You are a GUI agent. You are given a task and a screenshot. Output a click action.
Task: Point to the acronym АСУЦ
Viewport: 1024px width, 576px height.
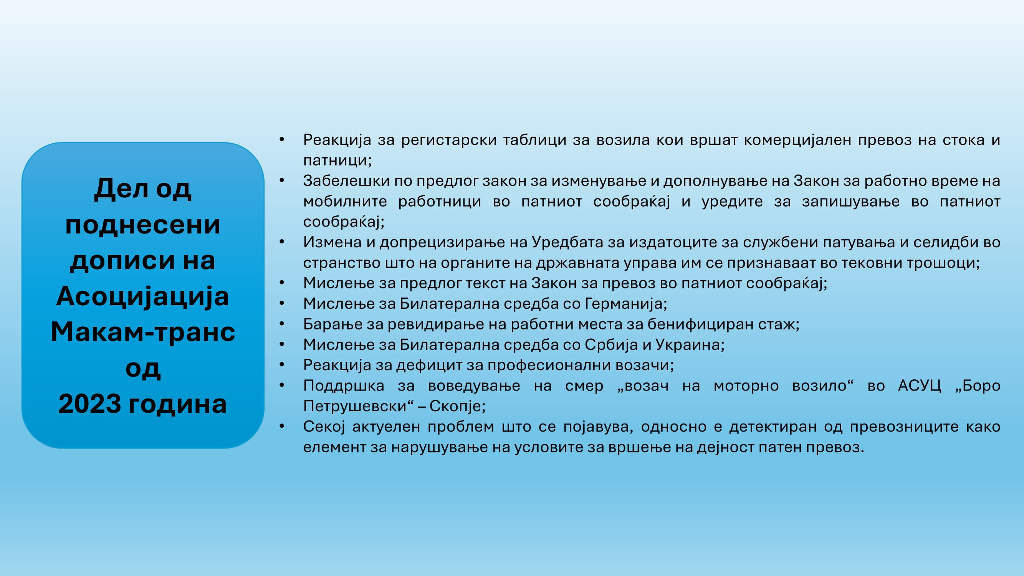920,386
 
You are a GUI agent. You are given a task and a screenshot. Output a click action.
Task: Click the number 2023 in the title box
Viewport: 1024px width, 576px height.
90,404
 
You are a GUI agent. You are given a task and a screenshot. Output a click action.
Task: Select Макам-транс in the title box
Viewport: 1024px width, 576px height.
143,332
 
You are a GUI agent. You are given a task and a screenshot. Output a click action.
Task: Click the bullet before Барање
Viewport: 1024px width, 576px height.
282,324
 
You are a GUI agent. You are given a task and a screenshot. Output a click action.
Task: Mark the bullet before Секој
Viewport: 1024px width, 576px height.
282,426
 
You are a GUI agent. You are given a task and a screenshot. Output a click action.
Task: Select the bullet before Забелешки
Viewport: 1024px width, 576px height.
282,180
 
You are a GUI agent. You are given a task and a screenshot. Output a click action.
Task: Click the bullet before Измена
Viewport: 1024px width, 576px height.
282,242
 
